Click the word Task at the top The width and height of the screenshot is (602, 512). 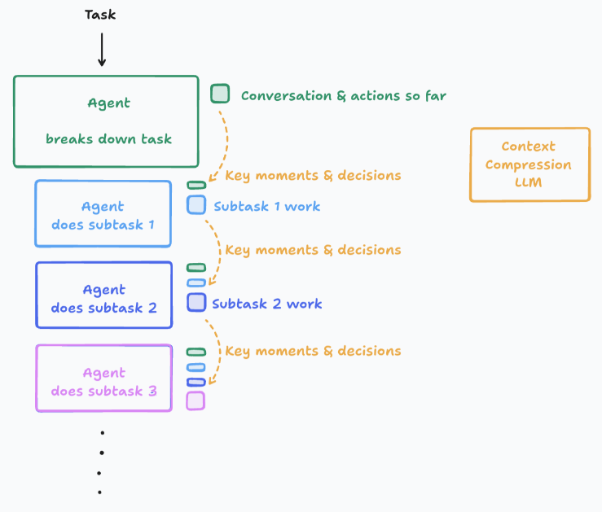(x=100, y=15)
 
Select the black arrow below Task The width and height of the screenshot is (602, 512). (x=102, y=50)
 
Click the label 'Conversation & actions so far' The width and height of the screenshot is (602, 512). (x=344, y=95)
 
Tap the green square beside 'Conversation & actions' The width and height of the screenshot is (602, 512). (x=220, y=94)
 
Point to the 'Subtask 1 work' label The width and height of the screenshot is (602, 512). (x=267, y=206)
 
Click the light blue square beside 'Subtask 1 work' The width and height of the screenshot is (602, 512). (x=196, y=204)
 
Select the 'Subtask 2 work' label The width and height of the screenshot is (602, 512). (x=267, y=304)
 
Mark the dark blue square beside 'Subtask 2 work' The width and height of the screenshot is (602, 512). (x=196, y=302)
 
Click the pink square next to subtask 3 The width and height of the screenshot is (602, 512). (x=196, y=401)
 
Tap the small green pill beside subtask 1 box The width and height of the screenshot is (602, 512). (x=196, y=186)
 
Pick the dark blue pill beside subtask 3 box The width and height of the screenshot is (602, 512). (x=196, y=382)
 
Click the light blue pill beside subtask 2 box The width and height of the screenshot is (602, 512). (x=196, y=283)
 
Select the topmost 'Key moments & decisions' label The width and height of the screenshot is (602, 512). (x=313, y=176)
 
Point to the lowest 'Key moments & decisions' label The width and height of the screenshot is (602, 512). (x=313, y=352)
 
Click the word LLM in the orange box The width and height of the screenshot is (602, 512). (x=529, y=182)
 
